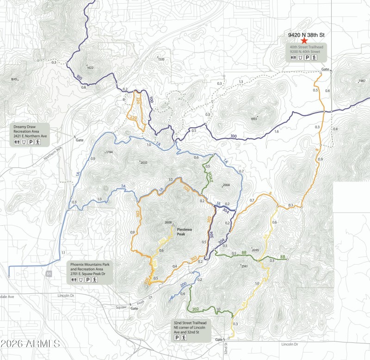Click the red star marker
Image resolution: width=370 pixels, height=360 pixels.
tap(304, 41)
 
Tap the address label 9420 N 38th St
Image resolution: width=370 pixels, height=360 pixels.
tap(304, 34)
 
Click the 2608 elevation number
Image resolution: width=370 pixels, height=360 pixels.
tap(168, 223)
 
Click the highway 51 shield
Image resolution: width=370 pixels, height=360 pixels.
tap(49, 274)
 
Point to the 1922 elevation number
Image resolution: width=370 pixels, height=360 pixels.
tap(90, 68)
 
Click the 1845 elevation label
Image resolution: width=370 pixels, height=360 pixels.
tap(14, 80)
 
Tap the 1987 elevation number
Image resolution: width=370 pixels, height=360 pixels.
tap(362, 81)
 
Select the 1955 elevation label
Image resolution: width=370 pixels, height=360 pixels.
tap(253, 119)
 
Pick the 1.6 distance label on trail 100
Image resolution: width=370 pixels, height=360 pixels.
tap(276, 132)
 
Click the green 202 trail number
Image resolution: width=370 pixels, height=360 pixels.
tap(195, 309)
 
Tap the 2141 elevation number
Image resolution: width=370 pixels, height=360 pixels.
tap(244, 267)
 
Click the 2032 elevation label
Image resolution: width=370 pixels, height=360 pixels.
tap(143, 162)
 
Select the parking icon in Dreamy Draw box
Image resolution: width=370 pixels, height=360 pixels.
tap(31, 143)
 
